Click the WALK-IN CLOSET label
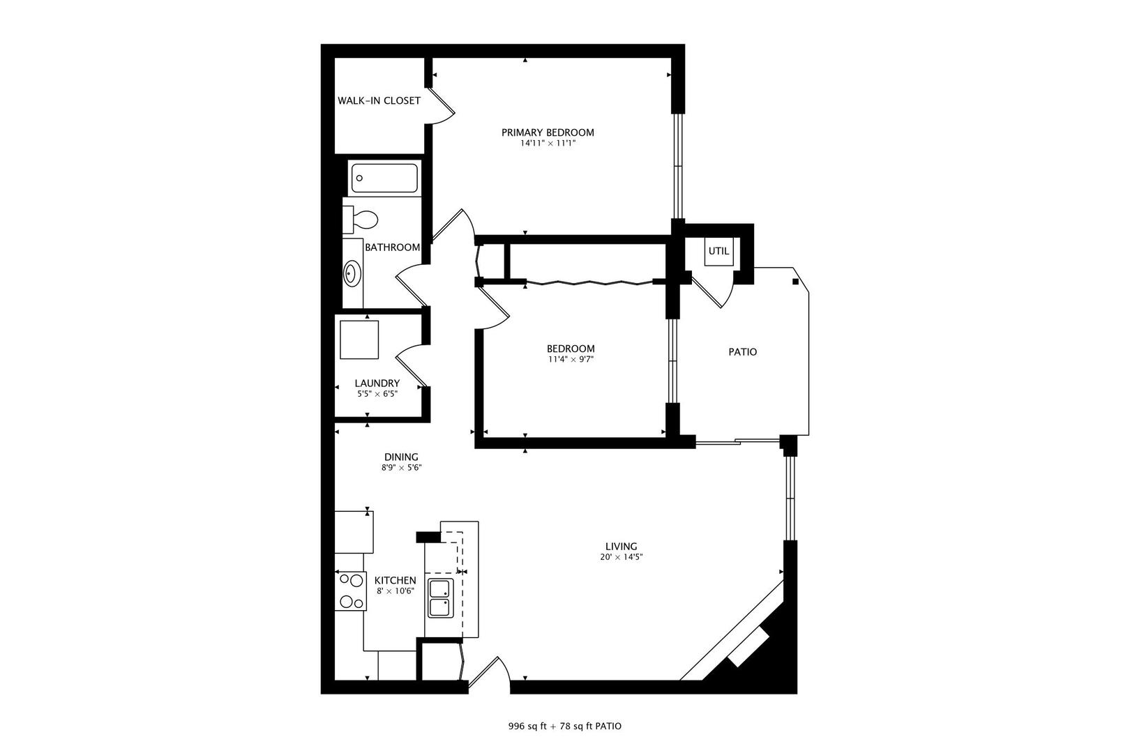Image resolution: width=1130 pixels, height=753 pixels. tap(379, 100)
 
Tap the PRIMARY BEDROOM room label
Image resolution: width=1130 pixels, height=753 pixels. tap(548, 132)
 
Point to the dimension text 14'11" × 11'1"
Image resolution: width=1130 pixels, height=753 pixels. tap(548, 144)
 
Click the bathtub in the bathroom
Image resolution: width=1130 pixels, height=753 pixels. tap(384, 178)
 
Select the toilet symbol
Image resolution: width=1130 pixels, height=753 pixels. tap(361, 220)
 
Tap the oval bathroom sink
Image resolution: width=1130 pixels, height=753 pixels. tap(352, 273)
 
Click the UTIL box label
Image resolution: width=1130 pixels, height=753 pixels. tap(718, 251)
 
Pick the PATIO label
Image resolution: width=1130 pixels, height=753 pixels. tap(742, 352)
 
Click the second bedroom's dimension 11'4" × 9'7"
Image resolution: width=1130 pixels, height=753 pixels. tap(570, 360)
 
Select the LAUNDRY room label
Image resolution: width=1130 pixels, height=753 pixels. tap(377, 383)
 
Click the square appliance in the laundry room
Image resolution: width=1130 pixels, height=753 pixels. tap(359, 340)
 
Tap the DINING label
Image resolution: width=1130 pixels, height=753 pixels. tap(401, 457)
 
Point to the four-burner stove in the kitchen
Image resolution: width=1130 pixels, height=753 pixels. tap(350, 591)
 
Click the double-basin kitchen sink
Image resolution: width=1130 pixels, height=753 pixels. tap(440, 598)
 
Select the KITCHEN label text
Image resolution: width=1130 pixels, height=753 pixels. tap(395, 581)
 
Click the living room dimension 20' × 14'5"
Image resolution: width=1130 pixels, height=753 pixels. tap(621, 557)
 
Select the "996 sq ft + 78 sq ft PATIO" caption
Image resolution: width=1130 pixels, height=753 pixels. tap(564, 726)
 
